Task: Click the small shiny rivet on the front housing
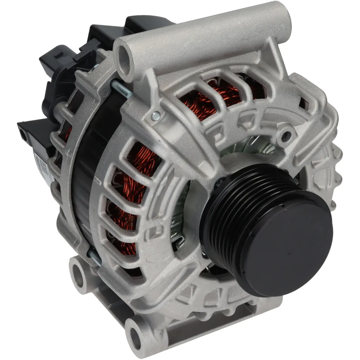[x=154, y=115]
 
